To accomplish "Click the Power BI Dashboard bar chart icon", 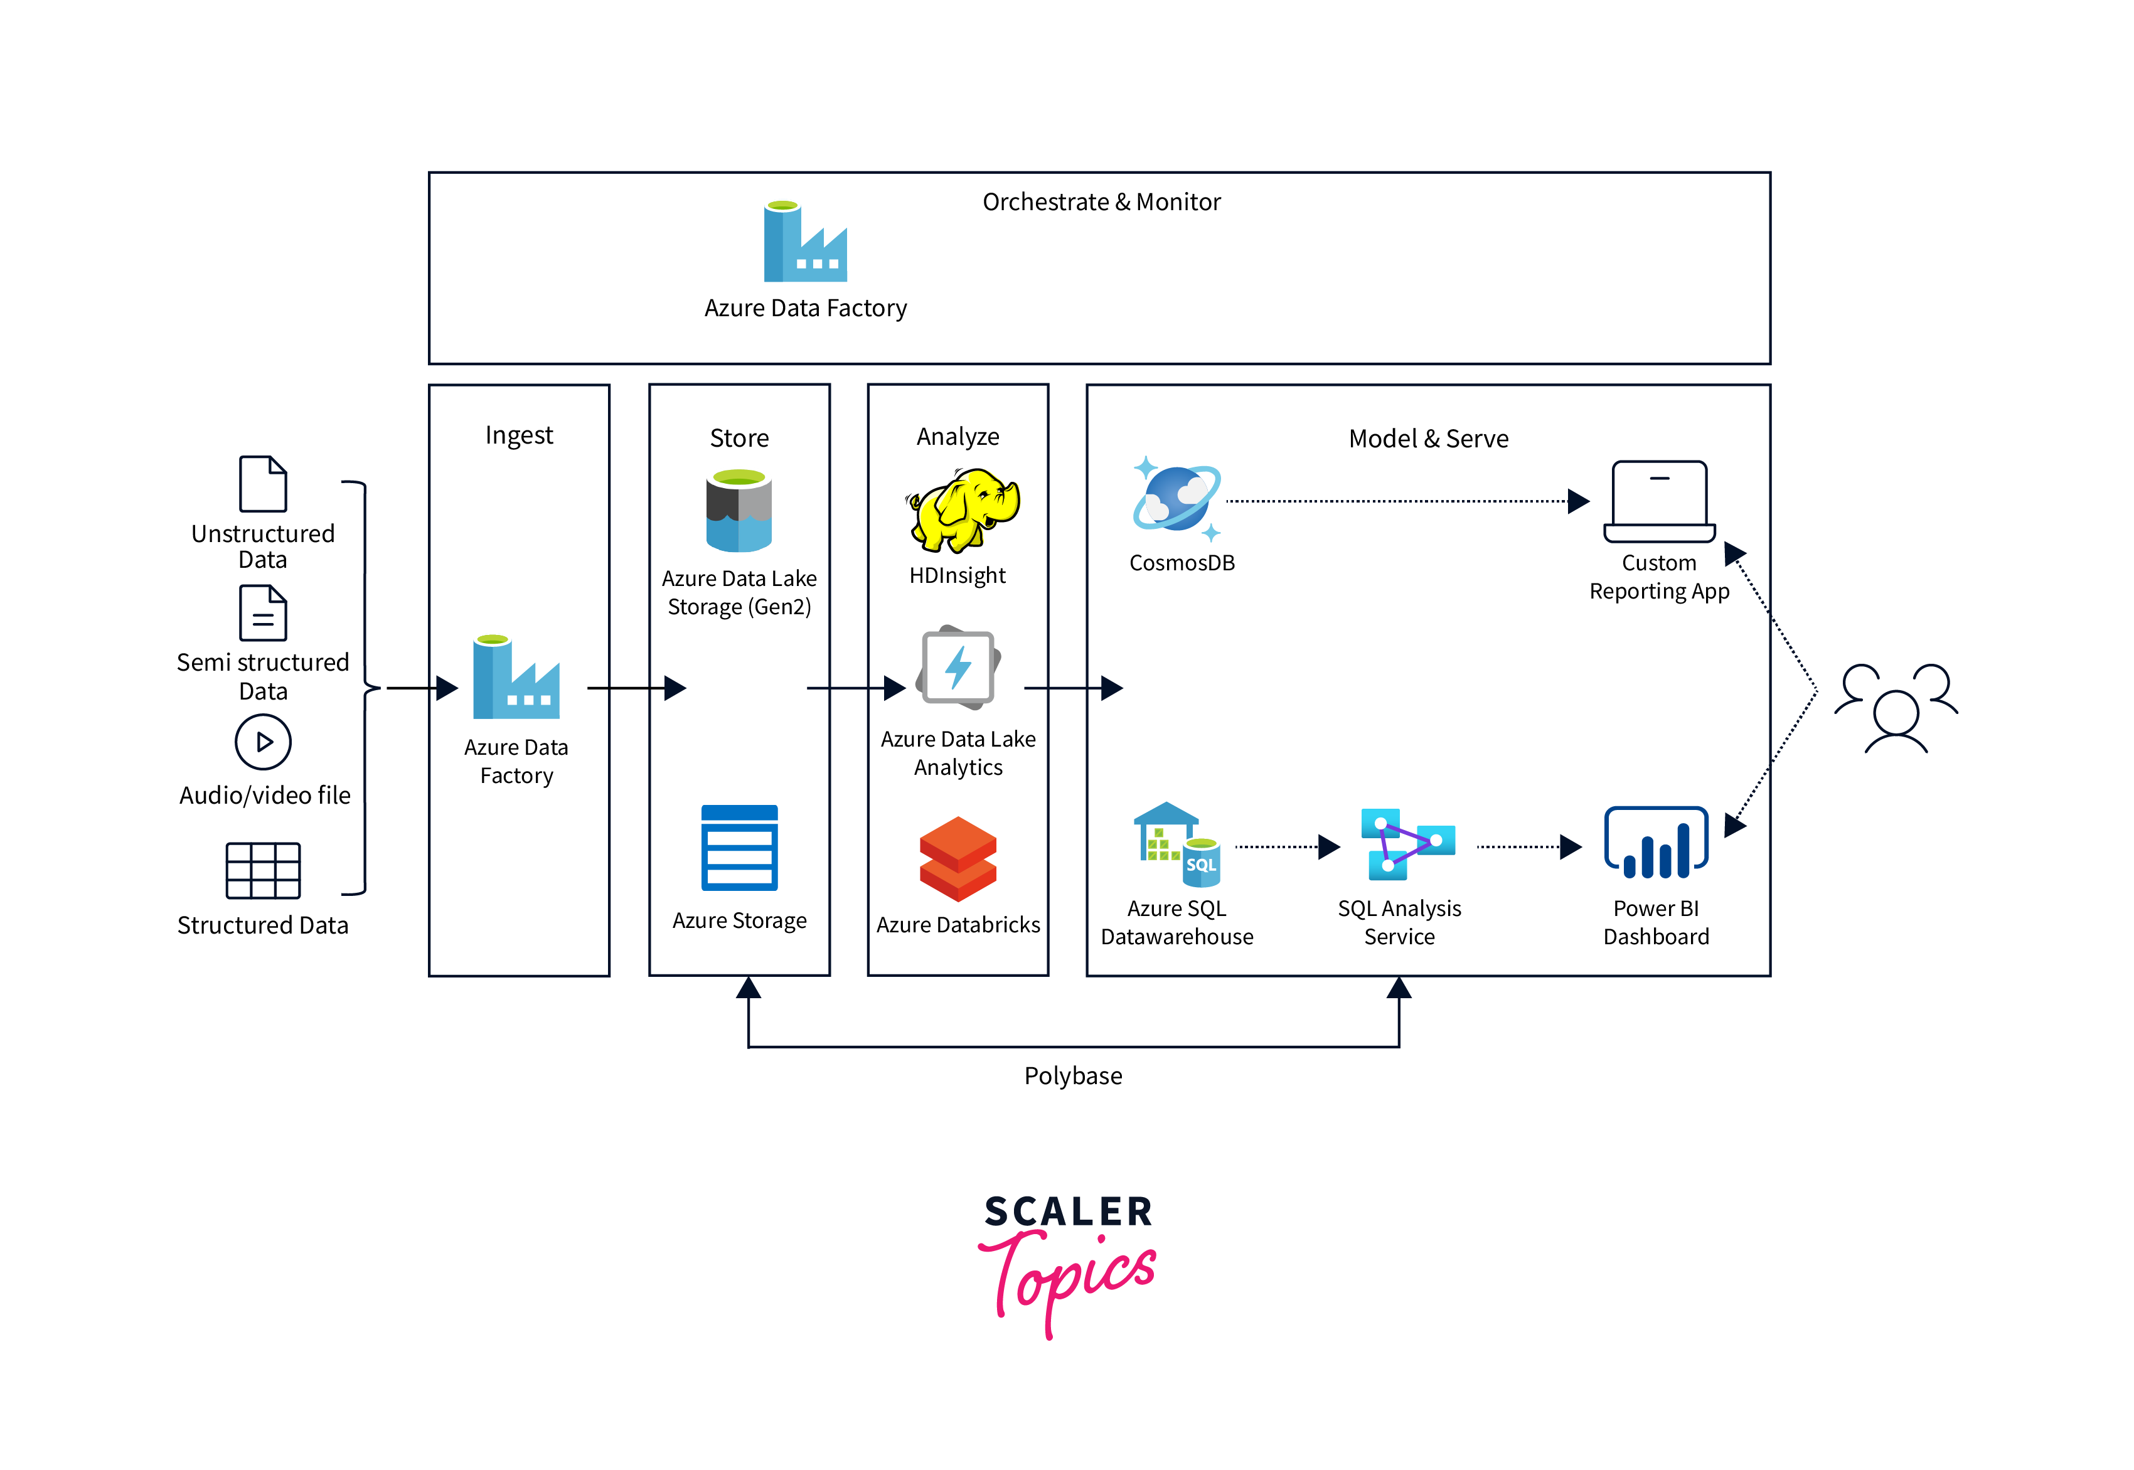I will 1656,843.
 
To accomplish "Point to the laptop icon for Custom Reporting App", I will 1659,502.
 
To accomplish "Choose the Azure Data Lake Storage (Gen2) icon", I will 739,511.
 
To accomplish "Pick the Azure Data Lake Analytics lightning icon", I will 958,668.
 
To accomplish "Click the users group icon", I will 1896,707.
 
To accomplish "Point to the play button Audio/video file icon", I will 264,742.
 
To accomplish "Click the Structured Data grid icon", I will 264,870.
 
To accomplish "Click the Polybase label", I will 1073,1076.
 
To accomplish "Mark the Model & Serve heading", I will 1427,439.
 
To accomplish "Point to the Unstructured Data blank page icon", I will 264,484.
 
